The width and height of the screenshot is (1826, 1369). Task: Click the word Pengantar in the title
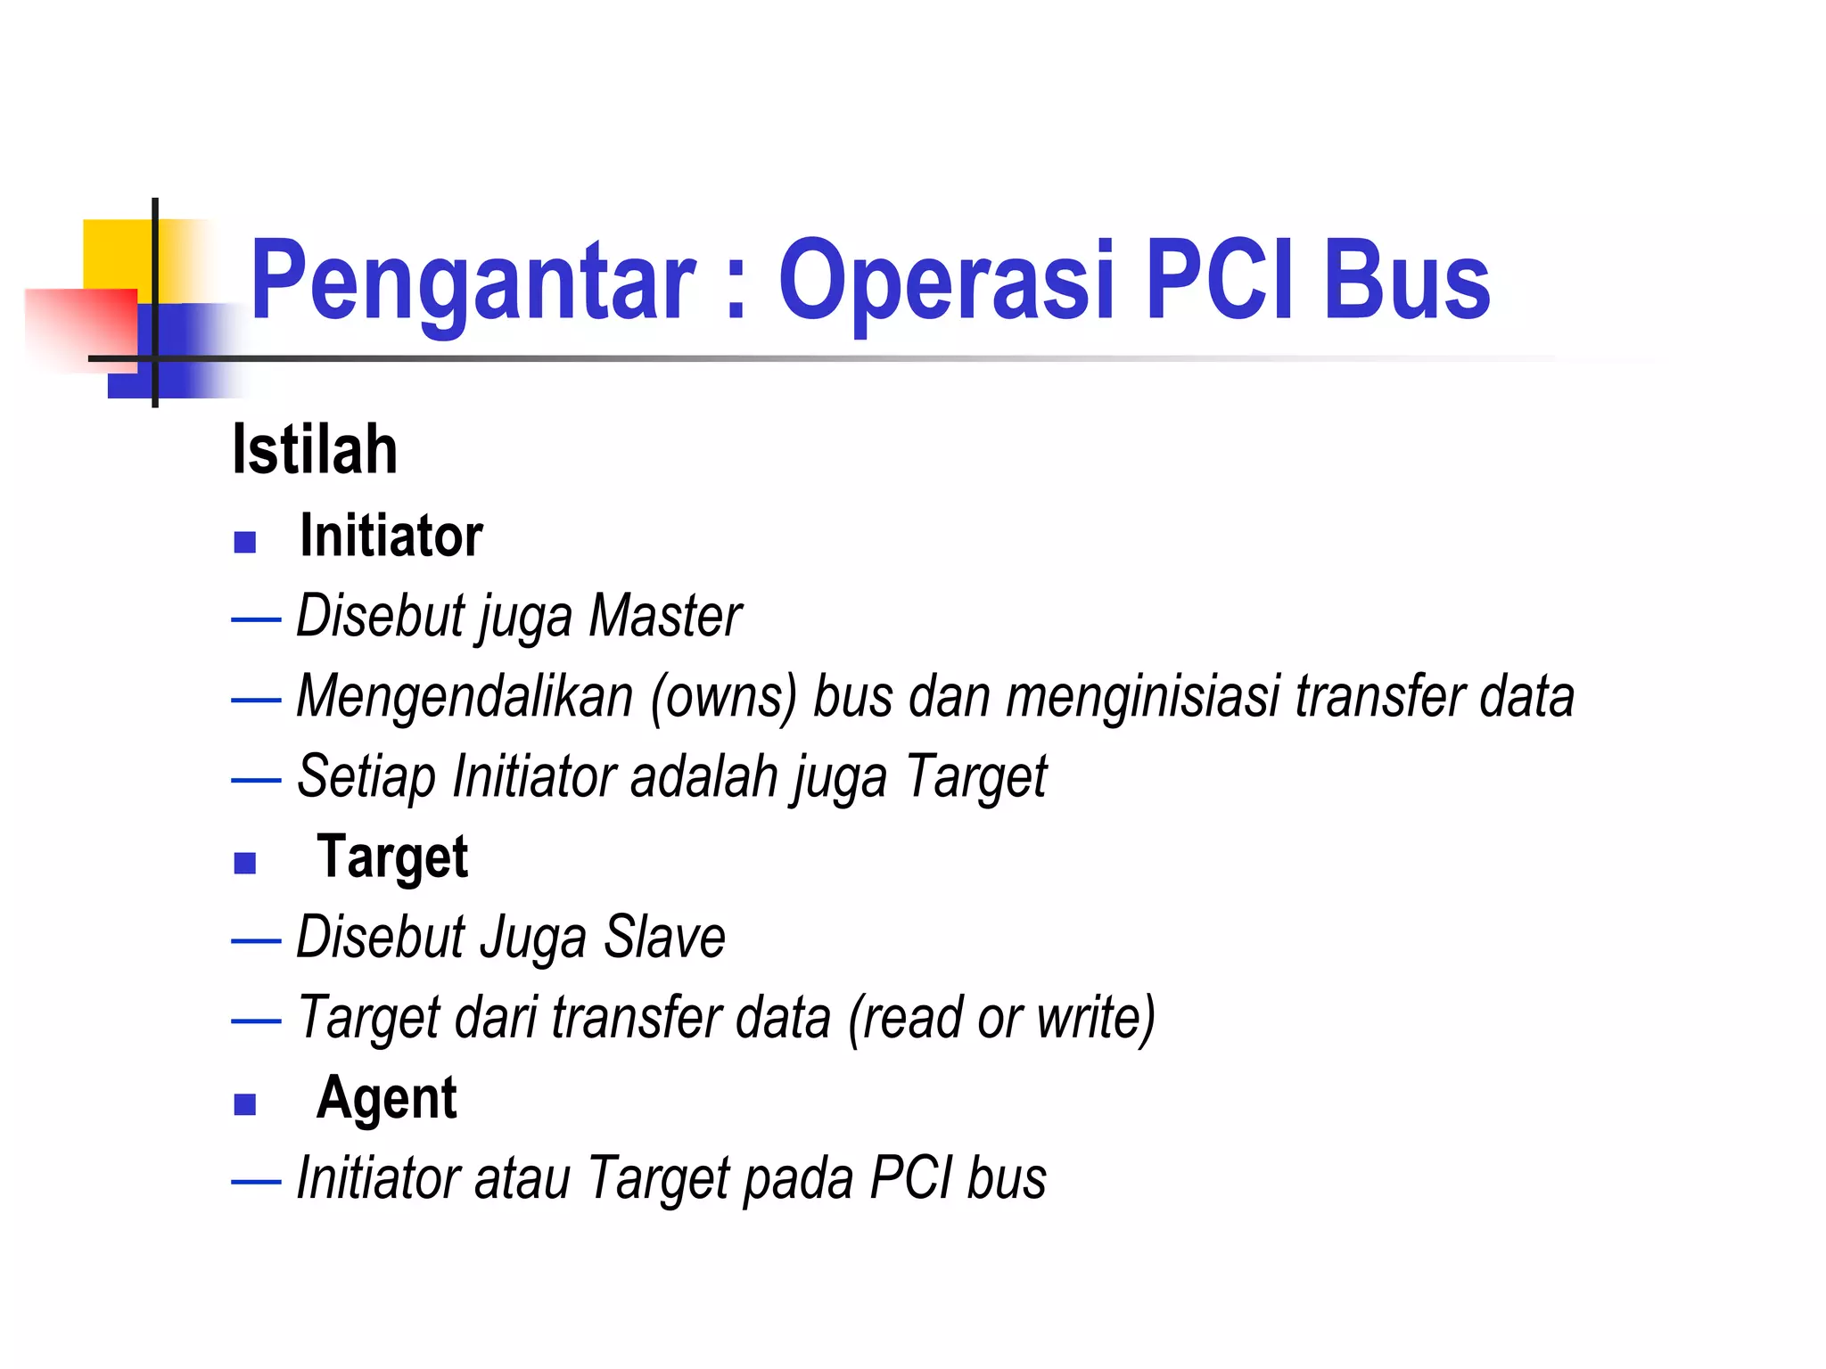[473, 283]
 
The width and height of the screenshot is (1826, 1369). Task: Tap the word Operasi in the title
[947, 283]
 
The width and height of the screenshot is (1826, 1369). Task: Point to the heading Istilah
[315, 450]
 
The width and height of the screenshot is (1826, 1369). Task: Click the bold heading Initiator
[391, 537]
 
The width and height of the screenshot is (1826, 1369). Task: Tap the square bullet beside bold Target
[245, 863]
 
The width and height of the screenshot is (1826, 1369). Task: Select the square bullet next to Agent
[245, 1104]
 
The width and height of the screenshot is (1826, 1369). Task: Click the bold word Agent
[386, 1098]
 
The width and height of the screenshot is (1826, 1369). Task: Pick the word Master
[665, 616]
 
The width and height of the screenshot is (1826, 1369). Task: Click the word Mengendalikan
[465, 696]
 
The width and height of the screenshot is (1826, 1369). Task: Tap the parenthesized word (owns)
[723, 696]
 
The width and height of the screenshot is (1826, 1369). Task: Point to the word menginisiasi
[1143, 696]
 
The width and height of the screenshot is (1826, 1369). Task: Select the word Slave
[664, 937]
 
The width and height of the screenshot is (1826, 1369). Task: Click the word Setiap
[366, 778]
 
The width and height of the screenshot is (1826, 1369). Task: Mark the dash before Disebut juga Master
[256, 618]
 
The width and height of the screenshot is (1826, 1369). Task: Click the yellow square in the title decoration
[116, 254]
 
